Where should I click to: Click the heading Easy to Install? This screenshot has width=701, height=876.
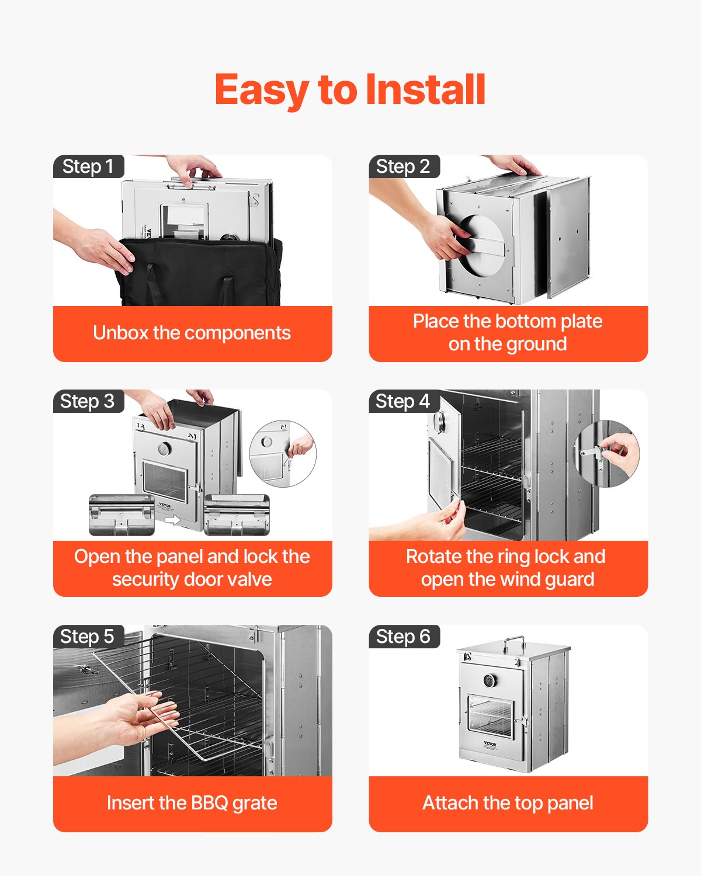click(x=350, y=89)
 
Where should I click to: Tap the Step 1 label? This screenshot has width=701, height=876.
click(x=88, y=166)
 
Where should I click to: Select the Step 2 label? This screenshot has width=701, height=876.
click(x=403, y=166)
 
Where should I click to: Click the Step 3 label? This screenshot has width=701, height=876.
click(x=88, y=401)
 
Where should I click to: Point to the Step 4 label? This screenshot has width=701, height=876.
click(x=403, y=401)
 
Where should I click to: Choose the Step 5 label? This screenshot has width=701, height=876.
click(x=88, y=636)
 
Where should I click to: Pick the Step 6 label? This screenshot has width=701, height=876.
click(x=403, y=636)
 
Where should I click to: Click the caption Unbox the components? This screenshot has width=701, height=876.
click(x=192, y=333)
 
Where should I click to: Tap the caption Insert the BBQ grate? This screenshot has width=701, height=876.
click(x=192, y=803)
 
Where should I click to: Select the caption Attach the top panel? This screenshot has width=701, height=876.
click(x=508, y=803)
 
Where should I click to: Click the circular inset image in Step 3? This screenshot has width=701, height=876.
click(x=283, y=454)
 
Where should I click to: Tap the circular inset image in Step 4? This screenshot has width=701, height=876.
click(x=606, y=454)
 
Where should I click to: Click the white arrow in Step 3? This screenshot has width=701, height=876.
click(x=173, y=519)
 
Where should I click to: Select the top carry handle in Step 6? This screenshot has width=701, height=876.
click(x=514, y=644)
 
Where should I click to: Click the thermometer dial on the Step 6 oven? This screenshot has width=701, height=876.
click(x=490, y=681)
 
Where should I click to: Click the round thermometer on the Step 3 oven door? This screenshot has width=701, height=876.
click(x=165, y=450)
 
